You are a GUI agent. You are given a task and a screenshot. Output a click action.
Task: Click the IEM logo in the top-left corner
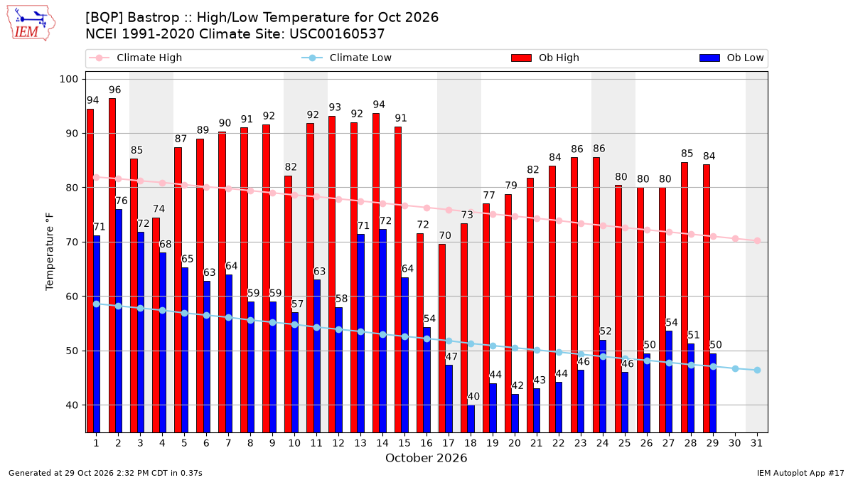pos(31,23)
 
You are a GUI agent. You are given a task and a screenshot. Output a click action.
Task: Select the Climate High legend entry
pos(135,58)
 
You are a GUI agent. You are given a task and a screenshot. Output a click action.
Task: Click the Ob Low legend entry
pos(731,58)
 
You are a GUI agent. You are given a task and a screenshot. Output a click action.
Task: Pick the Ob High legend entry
pos(545,58)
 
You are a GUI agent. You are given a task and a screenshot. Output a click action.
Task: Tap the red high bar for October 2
pos(112,265)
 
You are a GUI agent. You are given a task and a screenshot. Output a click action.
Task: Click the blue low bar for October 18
pos(471,419)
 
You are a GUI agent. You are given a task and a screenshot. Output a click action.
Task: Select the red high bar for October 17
pos(442,338)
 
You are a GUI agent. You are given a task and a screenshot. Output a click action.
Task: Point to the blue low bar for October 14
pos(382,331)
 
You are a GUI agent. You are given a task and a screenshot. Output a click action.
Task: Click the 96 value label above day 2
pos(114,90)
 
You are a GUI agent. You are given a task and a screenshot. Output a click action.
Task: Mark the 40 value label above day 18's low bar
pos(473,397)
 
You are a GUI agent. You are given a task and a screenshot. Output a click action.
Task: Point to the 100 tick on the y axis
pos(68,79)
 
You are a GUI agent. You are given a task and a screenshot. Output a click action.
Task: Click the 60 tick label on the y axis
pos(72,297)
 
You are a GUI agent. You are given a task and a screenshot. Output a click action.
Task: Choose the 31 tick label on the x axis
pos(756,443)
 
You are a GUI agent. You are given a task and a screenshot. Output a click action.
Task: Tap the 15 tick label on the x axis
pos(404,443)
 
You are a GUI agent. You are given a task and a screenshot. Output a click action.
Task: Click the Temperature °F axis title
pos(50,252)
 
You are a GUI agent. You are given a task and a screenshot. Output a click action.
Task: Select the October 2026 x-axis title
pos(426,458)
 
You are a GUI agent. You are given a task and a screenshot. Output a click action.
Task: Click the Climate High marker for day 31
pos(758,241)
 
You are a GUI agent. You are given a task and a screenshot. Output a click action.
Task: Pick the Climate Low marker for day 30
pos(735,369)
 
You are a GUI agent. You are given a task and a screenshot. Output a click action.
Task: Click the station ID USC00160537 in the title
pos(337,34)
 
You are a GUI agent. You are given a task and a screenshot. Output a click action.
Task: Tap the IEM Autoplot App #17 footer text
pos(800,473)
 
